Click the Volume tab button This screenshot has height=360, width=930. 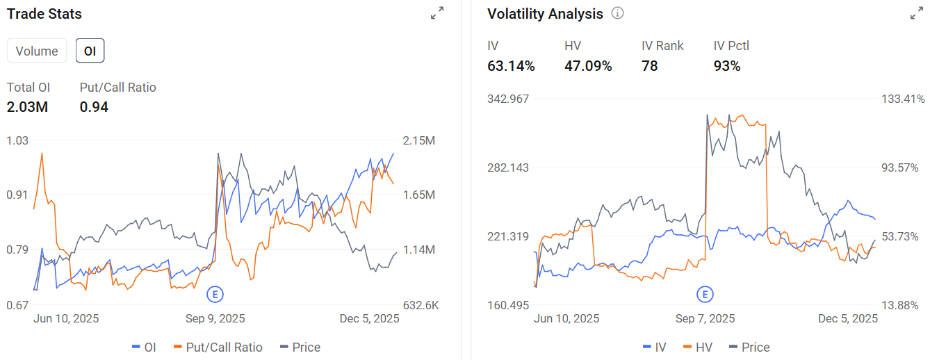[37, 51]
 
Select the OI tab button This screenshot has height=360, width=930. [90, 51]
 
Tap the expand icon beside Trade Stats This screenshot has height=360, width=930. [437, 13]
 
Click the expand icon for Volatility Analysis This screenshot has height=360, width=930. [916, 13]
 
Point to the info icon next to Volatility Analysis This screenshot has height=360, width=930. [617, 13]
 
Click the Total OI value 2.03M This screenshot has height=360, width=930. [27, 107]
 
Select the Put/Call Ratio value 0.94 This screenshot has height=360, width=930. [94, 107]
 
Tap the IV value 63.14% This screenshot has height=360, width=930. [511, 66]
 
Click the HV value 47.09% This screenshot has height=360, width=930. [588, 66]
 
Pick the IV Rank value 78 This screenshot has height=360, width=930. [650, 66]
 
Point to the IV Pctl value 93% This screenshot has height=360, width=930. [727, 66]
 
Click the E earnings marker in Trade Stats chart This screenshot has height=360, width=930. [215, 295]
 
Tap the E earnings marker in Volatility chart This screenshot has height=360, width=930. [705, 295]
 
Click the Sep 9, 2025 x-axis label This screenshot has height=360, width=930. [215, 318]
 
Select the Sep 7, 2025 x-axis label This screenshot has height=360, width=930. [705, 318]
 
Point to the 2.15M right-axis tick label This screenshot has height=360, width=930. [419, 141]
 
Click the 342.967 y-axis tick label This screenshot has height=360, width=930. [508, 99]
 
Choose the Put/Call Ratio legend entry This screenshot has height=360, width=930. [218, 347]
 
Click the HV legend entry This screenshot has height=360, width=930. [698, 347]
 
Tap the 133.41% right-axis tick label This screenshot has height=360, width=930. [903, 99]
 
